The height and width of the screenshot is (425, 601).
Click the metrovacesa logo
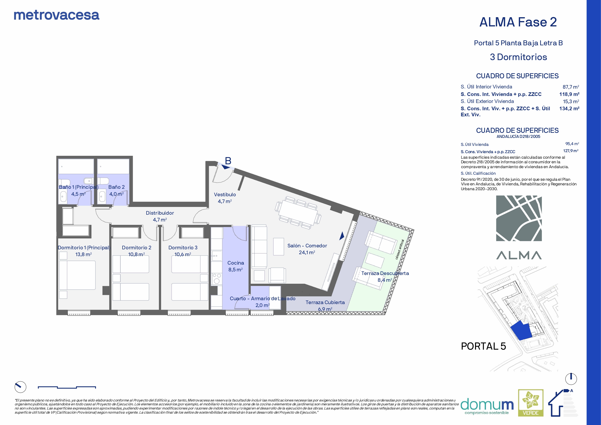[x=56, y=15]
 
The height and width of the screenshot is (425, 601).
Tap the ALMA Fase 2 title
[x=518, y=22]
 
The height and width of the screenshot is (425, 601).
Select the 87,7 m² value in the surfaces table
[x=571, y=87]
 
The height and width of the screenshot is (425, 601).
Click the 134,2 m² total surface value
[x=569, y=108]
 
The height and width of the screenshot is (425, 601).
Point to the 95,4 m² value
[x=572, y=144]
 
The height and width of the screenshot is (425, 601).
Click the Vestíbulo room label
[x=225, y=195]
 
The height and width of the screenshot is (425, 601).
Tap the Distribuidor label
[x=160, y=213]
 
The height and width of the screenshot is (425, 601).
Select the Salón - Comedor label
[x=307, y=246]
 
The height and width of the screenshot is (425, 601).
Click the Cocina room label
[x=236, y=263]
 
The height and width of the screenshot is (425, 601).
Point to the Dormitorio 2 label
[x=136, y=247]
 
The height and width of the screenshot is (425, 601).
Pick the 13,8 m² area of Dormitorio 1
[x=83, y=254]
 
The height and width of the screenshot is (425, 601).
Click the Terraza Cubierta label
[x=325, y=302]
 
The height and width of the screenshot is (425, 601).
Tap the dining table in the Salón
[x=298, y=213]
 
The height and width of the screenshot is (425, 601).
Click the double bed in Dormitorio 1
[x=77, y=275]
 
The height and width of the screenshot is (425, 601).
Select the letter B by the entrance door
[x=228, y=161]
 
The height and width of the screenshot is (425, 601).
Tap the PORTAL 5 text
[x=483, y=346]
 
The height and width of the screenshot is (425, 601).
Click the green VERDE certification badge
[x=531, y=403]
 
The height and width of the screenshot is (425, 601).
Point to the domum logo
[x=487, y=406]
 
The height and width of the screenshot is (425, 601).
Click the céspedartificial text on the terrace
[x=400, y=249]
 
